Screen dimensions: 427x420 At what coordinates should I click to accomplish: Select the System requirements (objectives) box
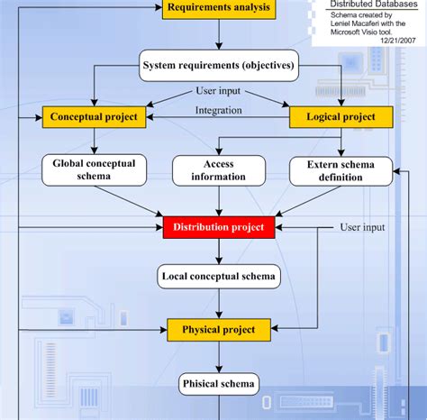click(219, 66)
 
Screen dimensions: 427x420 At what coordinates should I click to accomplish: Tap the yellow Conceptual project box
click(94, 117)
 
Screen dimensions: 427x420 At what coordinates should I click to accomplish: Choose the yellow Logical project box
click(341, 117)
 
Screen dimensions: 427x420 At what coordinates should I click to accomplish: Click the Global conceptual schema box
click(94, 170)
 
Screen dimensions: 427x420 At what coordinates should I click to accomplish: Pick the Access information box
click(219, 170)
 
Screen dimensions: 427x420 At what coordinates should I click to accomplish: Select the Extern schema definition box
click(341, 171)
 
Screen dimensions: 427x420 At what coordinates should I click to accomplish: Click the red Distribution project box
click(219, 227)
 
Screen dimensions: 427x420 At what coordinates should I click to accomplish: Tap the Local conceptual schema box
click(219, 277)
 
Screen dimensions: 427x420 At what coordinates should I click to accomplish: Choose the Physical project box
click(219, 330)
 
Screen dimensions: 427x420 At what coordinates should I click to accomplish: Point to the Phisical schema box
click(219, 384)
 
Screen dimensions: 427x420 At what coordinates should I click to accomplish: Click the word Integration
click(219, 111)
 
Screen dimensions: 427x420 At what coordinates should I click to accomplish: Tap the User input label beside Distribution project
click(362, 227)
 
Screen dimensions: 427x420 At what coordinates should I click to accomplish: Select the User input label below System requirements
click(218, 91)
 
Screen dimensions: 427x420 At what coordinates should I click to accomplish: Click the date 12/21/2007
click(398, 41)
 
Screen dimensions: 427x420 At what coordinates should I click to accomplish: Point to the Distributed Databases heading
click(374, 4)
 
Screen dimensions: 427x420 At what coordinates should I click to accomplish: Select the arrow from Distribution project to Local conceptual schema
click(219, 251)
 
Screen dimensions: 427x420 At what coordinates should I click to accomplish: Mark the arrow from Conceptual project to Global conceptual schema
click(94, 142)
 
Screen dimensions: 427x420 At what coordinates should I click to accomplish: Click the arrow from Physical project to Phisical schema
click(219, 357)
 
